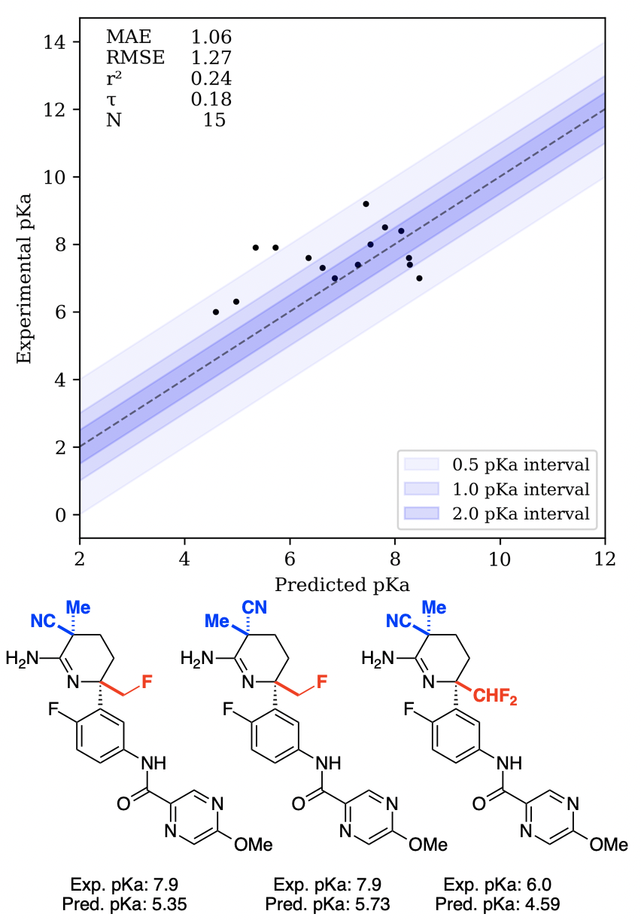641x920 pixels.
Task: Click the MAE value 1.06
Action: [x=211, y=36]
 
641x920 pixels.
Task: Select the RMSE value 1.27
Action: [x=211, y=57]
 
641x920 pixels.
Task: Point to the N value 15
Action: [x=214, y=120]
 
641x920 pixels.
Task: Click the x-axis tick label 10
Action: [x=500, y=559]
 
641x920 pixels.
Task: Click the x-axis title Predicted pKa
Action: [x=342, y=585]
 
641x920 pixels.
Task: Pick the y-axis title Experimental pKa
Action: [x=25, y=279]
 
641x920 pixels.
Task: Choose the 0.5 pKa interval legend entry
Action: [x=497, y=462]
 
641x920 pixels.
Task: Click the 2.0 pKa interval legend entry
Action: [x=497, y=513]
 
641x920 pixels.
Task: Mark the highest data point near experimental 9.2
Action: [x=366, y=204]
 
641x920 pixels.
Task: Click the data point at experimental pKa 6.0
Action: [x=216, y=312]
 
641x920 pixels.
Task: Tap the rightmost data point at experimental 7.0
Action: [x=419, y=278]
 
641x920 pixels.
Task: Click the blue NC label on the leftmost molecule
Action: [x=44, y=621]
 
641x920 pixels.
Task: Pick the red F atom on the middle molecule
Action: [x=322, y=682]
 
